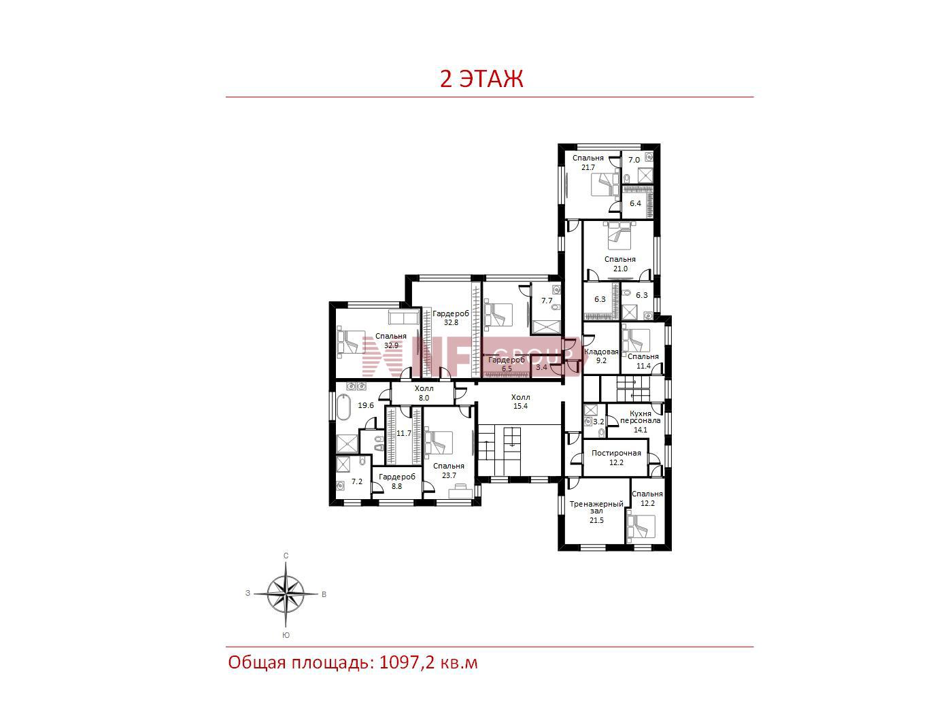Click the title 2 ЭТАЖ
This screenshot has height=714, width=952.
tap(481, 79)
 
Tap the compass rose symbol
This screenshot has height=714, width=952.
tap(286, 594)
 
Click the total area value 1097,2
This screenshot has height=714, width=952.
tap(407, 663)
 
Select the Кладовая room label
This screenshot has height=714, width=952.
tap(601, 352)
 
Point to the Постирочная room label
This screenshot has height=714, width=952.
tap(616, 453)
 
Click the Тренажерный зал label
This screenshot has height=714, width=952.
tap(596, 507)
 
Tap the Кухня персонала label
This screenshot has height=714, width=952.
tap(640, 417)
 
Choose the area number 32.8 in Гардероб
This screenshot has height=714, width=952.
tap(451, 322)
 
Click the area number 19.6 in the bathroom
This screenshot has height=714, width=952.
tap(366, 405)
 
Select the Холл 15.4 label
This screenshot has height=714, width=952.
tap(520, 401)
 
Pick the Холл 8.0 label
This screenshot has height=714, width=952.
tap(424, 393)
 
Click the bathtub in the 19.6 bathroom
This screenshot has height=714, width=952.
tap(343, 407)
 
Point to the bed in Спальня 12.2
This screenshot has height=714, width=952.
tap(641, 527)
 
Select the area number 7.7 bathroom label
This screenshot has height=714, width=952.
tap(547, 301)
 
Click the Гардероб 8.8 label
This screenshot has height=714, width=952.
tap(397, 481)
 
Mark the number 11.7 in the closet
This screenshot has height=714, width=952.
tap(404, 433)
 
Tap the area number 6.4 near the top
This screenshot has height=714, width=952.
tap(635, 203)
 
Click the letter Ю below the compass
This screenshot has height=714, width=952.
tap(286, 636)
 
